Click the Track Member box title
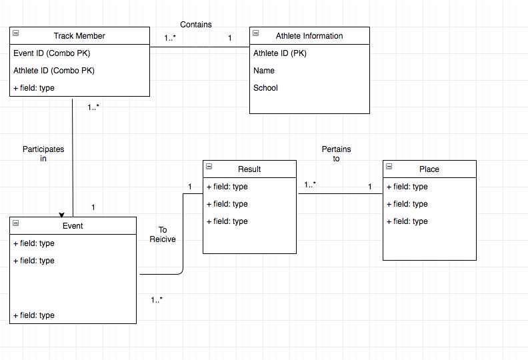coord(79,36)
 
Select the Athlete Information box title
coord(309,36)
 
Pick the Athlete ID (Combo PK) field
coord(53,71)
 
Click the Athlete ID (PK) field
coord(280,53)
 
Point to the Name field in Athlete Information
coord(264,71)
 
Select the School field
coord(265,88)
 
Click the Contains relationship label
coord(196,25)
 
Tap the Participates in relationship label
coord(43,154)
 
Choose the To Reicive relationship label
coord(163,235)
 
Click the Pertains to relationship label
coord(336,154)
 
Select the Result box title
coord(249,169)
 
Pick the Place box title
coord(429,169)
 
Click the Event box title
coord(73,226)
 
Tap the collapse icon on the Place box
coord(389,167)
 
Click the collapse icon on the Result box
coord(209,167)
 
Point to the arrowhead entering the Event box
coord(62,215)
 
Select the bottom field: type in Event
coord(33,315)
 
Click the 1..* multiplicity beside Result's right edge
coord(310,185)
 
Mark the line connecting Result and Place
coord(340,194)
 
